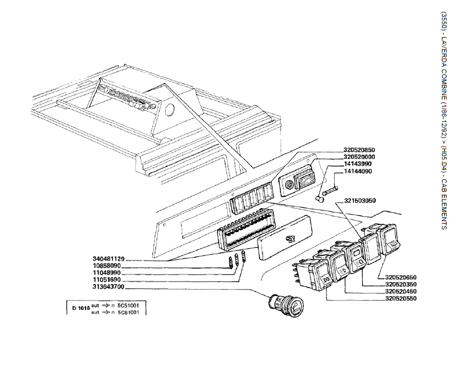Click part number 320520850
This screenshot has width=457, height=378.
click(x=360, y=150)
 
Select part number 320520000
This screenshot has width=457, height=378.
click(x=360, y=157)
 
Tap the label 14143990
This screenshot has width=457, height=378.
click(x=357, y=164)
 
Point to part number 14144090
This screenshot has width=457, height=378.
click(x=357, y=172)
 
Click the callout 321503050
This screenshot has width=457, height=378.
click(x=360, y=201)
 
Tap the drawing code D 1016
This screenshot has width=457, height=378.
click(x=80, y=307)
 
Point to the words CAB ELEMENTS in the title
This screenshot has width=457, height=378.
click(x=444, y=204)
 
